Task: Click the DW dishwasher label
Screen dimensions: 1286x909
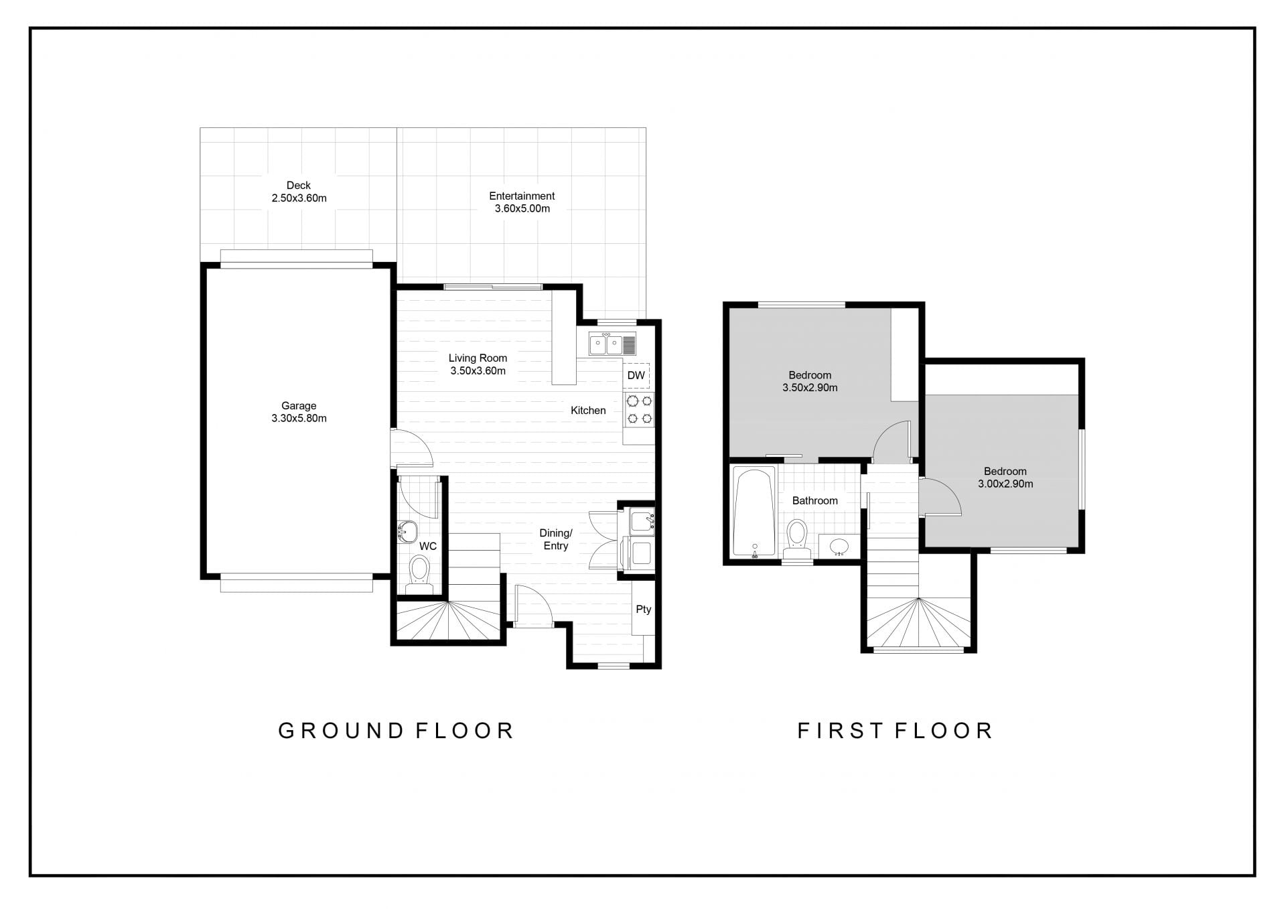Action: [x=636, y=375]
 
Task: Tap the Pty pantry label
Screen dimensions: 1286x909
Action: [x=643, y=609]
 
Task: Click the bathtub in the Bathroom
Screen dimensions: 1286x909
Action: [x=755, y=512]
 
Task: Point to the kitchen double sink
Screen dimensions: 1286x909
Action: [x=612, y=344]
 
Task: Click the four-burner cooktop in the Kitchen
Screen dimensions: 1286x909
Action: [x=639, y=410]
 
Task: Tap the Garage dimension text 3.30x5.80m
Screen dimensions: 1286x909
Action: [x=299, y=419]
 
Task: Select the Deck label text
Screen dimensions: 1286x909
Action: [x=299, y=186]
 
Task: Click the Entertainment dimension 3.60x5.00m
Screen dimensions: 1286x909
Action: [x=522, y=208]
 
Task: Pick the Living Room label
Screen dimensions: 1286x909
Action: [x=478, y=358]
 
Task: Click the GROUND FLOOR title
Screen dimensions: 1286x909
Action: [x=396, y=730]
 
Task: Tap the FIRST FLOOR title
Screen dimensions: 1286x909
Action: [x=895, y=730]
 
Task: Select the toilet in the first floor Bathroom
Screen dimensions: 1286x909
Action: [x=797, y=539]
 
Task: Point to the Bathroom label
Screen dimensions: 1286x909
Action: [x=814, y=500]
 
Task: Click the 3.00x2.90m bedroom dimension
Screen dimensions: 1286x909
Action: [x=1005, y=484]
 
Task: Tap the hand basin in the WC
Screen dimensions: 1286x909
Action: [x=407, y=533]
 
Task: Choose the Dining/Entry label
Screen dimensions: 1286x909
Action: [x=556, y=539]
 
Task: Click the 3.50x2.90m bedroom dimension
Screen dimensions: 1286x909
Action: [x=810, y=387]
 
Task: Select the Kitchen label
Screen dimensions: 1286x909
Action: [x=588, y=410]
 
